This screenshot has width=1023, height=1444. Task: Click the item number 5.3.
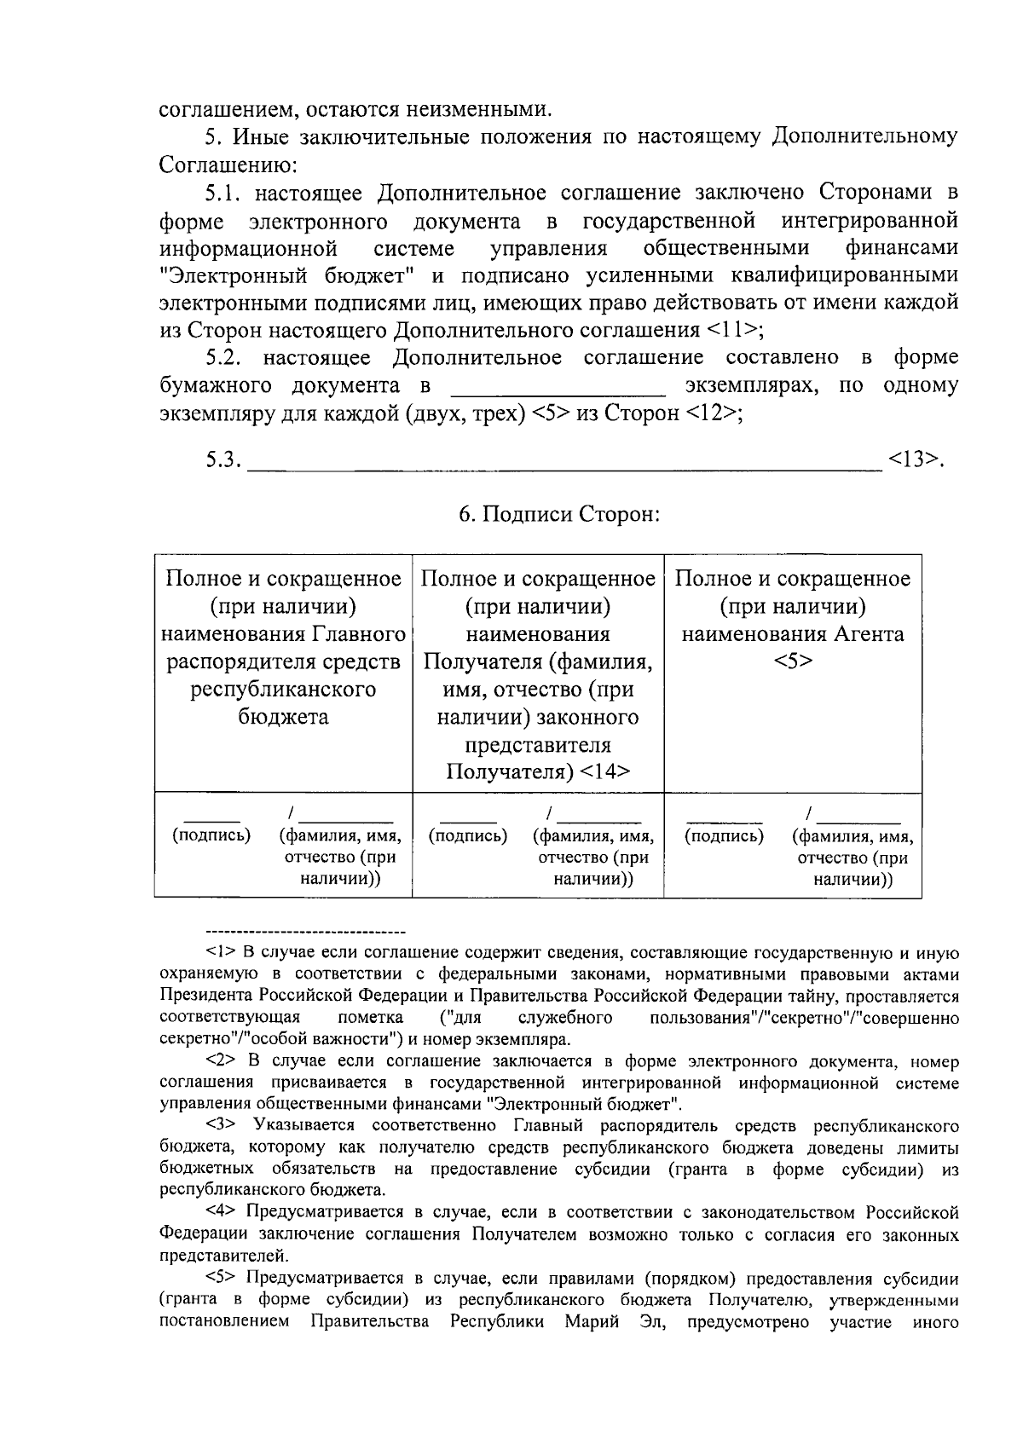[223, 460]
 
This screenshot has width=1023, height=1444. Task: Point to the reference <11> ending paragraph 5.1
[730, 330]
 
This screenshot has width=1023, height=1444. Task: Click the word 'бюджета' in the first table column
[283, 717]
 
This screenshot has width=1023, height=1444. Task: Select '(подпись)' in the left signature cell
[211, 835]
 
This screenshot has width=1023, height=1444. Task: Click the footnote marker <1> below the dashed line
[223, 952]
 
